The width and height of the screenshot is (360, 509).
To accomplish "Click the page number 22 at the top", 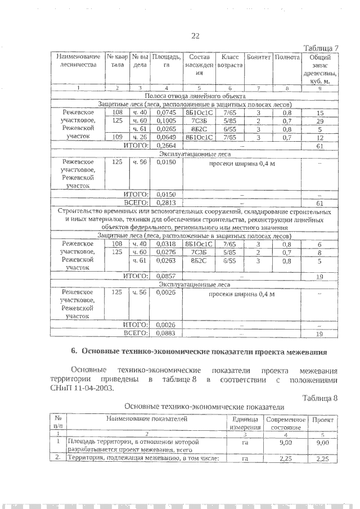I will [195, 35].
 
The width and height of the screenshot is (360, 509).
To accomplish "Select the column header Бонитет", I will [258, 57].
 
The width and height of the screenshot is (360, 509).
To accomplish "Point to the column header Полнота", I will [286, 57].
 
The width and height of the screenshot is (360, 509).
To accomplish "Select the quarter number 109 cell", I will [117, 137].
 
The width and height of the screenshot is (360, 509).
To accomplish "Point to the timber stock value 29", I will [319, 120].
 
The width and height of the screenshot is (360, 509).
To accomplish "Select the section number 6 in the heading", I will [74, 352].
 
